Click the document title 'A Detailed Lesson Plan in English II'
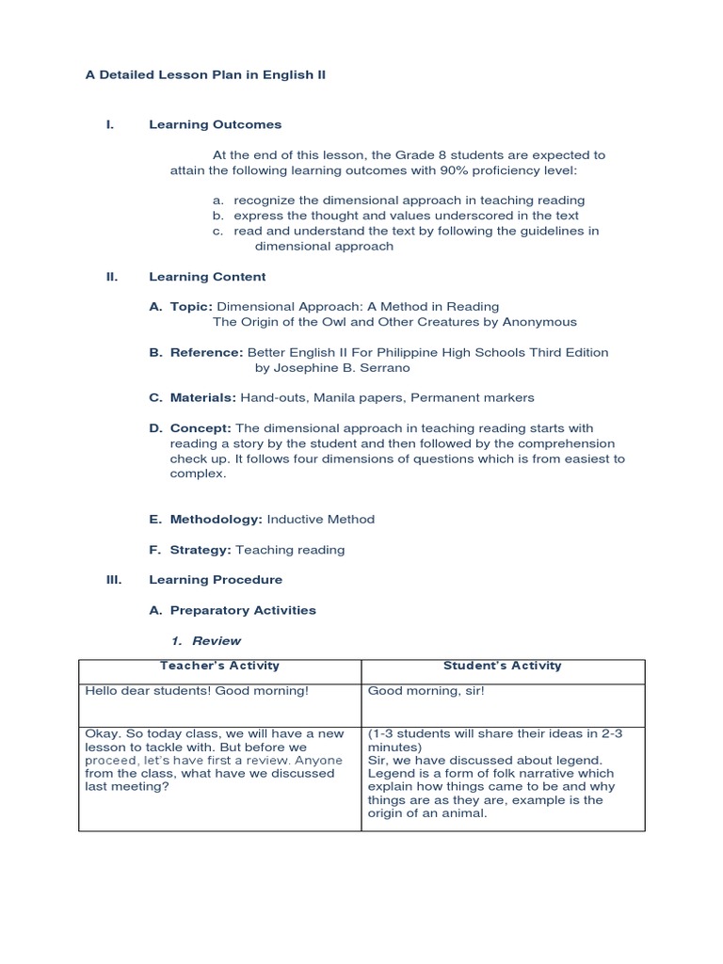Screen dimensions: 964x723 [x=205, y=74]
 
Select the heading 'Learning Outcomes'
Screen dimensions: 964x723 [x=215, y=124]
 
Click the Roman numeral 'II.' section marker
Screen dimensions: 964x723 [x=112, y=277]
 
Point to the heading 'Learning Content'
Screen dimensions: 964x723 [x=207, y=277]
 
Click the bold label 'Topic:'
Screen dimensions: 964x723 [x=192, y=307]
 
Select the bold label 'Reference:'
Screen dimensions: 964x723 [x=206, y=352]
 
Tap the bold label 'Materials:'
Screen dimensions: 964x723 [x=203, y=398]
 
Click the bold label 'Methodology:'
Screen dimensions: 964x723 [x=217, y=519]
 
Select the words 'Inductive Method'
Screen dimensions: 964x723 [x=321, y=519]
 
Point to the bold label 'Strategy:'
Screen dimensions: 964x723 [x=201, y=549]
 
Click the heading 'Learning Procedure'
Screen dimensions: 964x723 [x=216, y=580]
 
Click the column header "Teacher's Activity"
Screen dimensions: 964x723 [x=219, y=666]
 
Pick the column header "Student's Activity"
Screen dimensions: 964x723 [x=502, y=666]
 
